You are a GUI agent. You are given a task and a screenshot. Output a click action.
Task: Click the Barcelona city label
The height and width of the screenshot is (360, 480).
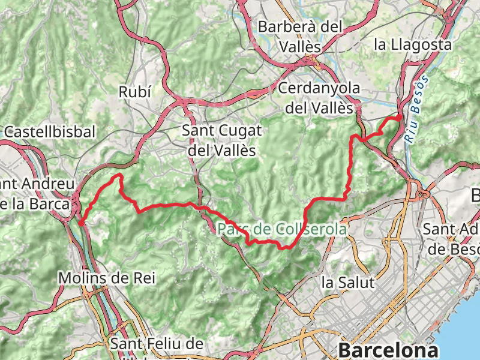coord(388,349)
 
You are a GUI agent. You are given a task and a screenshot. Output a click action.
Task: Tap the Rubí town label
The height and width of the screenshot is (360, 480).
coord(135,92)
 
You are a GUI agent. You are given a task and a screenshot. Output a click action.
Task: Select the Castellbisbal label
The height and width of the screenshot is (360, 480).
coord(49,131)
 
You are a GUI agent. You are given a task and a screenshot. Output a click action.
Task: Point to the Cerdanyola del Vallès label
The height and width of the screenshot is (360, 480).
coord(319,98)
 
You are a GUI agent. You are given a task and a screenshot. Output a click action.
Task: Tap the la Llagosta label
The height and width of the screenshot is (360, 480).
coord(412,44)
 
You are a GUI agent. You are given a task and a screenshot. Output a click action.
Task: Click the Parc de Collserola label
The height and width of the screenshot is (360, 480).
coord(282,229)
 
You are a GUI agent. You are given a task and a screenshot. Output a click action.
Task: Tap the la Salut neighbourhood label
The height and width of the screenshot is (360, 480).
coord(347,281)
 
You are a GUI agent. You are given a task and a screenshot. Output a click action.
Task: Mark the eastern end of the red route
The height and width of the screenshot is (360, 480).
coord(399,116)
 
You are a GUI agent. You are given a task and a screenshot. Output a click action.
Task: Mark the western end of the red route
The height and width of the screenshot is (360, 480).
coord(80,223)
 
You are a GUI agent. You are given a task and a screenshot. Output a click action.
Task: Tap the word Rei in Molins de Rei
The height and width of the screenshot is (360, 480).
coord(144,278)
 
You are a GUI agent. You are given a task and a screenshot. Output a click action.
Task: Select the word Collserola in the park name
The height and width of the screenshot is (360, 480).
coord(311,229)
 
